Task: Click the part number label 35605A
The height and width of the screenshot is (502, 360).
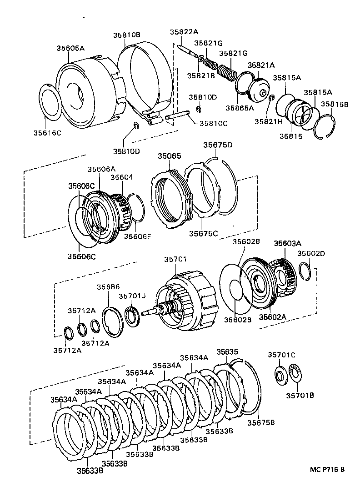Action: [70, 48]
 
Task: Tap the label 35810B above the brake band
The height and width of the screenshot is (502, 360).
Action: [127, 35]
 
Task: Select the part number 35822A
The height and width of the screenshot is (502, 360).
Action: [184, 31]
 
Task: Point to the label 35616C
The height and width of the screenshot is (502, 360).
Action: [47, 132]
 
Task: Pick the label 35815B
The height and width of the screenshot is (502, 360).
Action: [335, 104]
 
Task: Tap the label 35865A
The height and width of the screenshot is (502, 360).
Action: [240, 108]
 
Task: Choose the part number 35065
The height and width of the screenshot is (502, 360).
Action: [169, 156]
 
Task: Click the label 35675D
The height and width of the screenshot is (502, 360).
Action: [218, 145]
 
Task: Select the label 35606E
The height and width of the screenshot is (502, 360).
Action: [138, 236]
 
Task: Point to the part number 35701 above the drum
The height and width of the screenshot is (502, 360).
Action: [175, 259]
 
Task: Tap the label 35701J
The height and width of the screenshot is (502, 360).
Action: [132, 296]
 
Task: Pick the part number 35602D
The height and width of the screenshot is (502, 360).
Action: [311, 253]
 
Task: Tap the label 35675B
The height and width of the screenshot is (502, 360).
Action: [261, 422]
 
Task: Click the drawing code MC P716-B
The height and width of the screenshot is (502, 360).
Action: [327, 469]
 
